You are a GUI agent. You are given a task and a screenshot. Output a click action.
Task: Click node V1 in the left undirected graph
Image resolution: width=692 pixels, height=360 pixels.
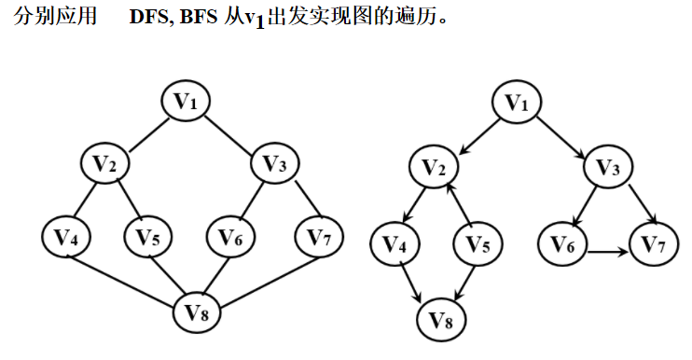click(x=189, y=102)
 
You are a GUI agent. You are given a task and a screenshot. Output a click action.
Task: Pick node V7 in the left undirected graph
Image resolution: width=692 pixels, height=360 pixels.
click(x=320, y=237)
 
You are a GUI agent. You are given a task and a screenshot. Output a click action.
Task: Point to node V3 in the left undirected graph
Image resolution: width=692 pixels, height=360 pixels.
click(x=276, y=164)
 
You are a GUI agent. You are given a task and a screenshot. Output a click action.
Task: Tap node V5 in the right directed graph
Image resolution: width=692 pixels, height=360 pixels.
click(x=479, y=246)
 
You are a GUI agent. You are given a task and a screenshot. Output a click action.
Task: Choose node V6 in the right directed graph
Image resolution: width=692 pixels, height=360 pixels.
click(x=563, y=246)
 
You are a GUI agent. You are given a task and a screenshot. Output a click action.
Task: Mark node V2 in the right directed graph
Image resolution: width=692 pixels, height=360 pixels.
click(x=435, y=168)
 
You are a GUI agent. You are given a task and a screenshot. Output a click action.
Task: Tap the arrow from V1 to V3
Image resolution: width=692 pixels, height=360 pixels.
click(x=563, y=134)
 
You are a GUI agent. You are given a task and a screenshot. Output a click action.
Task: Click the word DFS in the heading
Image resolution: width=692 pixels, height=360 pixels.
click(x=148, y=20)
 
